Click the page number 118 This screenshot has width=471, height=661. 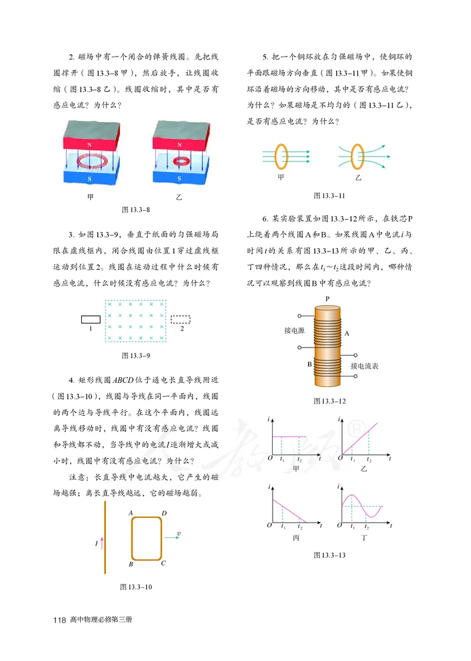[x=58, y=620]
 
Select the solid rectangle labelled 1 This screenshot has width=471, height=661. [x=91, y=319]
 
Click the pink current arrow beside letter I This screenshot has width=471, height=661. [x=102, y=543]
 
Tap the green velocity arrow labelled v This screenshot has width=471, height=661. [x=171, y=537]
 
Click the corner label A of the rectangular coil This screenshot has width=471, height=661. [x=130, y=513]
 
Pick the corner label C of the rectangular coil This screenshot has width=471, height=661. [x=163, y=563]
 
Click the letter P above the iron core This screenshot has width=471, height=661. [x=327, y=299]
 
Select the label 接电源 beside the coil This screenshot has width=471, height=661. [x=294, y=330]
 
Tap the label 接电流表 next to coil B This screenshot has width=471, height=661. [x=364, y=366]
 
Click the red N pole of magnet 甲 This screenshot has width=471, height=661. [x=89, y=143]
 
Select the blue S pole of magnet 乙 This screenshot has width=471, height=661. [x=179, y=176]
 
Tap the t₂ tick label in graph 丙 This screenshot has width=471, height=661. [x=300, y=526]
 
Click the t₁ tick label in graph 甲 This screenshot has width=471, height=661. [x=283, y=459]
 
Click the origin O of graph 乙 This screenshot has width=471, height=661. [x=338, y=458]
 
